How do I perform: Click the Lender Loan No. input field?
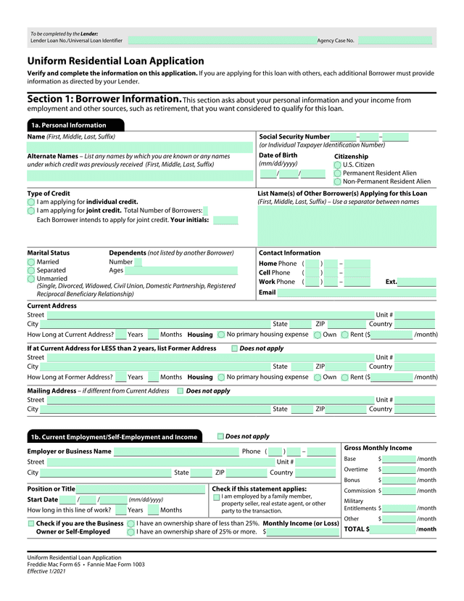click(221, 41)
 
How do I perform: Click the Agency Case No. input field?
click(395, 41)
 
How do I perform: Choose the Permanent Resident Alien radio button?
click(338, 173)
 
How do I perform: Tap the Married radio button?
click(31, 262)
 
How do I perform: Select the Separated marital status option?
click(31, 271)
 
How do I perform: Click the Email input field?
click(357, 293)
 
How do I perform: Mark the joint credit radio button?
click(31, 210)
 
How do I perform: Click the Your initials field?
click(225, 220)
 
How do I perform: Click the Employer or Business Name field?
click(175, 451)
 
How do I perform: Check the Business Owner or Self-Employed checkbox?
click(31, 523)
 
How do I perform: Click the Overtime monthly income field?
click(399, 470)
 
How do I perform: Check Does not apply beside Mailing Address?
click(181, 391)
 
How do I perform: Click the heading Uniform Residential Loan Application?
click(116, 61)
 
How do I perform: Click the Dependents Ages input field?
click(185, 271)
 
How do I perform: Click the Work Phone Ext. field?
click(416, 282)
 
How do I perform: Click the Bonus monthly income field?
click(399, 480)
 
